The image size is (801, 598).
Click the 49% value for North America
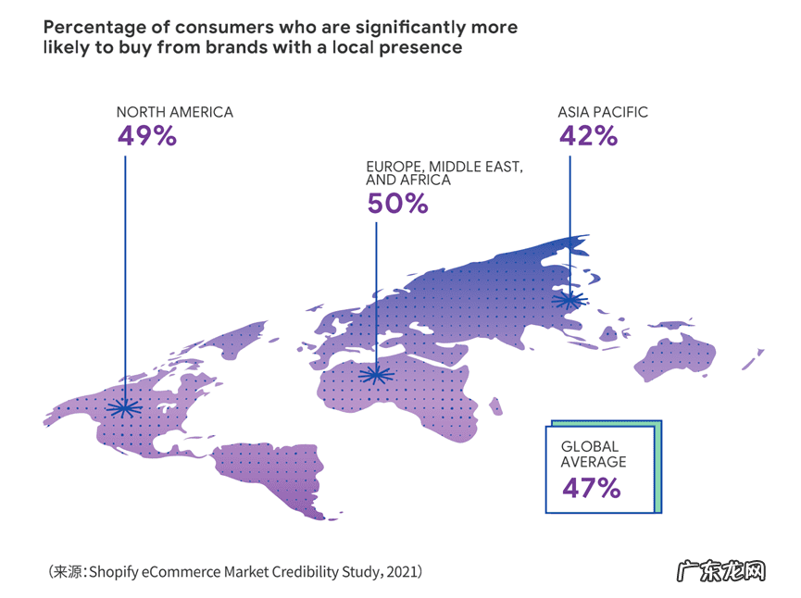point(146,137)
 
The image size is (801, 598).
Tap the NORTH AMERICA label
point(174,112)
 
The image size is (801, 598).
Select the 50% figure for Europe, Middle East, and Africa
point(397,204)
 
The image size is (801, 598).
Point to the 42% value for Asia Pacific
point(587,137)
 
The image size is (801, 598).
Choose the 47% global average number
point(591,488)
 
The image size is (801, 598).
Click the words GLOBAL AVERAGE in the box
point(594,454)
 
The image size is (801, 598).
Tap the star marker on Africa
point(376,374)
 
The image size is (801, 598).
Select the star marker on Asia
point(569,299)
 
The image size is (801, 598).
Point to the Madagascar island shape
point(495,406)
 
